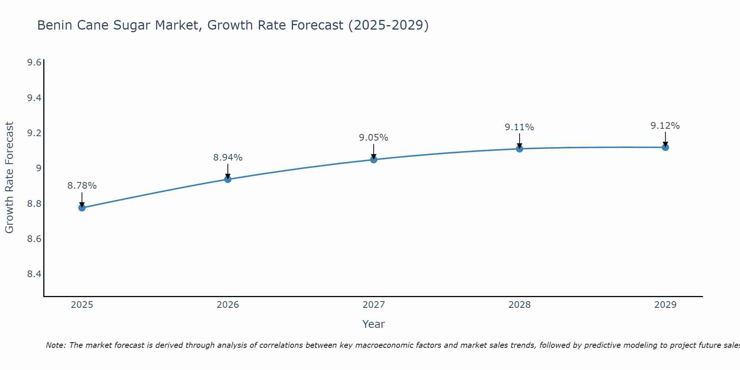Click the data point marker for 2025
[82, 208]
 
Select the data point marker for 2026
[228, 179]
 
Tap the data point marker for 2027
[374, 160]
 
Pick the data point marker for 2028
[519, 149]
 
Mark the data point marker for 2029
[665, 147]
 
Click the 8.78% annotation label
[82, 186]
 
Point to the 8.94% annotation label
[228, 158]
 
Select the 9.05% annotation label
[374, 138]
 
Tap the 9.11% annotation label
[519, 127]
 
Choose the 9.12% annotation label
[665, 126]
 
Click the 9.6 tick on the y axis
[34, 63]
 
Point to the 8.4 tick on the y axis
[34, 274]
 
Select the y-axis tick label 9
[38, 168]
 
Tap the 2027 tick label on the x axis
[374, 305]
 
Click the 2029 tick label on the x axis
[665, 305]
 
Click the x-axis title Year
[374, 324]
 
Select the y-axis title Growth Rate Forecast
[10, 178]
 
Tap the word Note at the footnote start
[55, 345]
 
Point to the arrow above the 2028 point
[519, 140]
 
